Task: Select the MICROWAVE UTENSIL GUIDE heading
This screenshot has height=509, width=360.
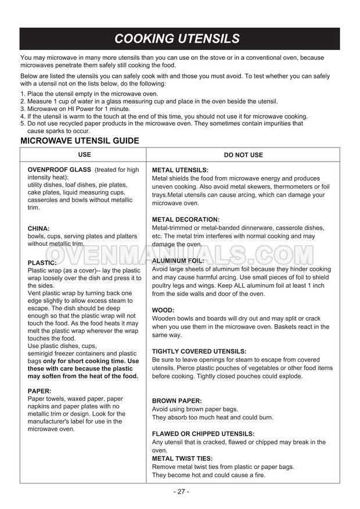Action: click(x=80, y=141)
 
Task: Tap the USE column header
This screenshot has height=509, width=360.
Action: click(x=85, y=155)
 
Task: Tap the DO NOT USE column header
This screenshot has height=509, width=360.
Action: click(x=243, y=155)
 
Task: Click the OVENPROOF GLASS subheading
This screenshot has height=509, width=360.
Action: click(x=60, y=170)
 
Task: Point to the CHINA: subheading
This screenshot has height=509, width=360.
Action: click(x=39, y=228)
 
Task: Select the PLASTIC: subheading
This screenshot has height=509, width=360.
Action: click(x=42, y=263)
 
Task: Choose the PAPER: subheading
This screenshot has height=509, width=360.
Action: click(x=39, y=391)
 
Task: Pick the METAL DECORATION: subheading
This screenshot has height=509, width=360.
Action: click(x=186, y=220)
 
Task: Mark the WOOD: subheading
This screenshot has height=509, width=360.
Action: click(x=163, y=310)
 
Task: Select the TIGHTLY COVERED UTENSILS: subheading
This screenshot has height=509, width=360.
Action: click(x=199, y=352)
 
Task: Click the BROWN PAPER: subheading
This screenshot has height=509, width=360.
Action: click(x=177, y=401)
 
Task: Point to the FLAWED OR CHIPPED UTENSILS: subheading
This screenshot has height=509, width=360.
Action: click(x=203, y=433)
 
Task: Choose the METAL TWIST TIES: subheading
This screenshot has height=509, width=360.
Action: click(x=183, y=458)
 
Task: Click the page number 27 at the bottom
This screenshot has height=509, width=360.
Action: click(x=181, y=492)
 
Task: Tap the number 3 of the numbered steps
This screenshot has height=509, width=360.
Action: click(x=23, y=109)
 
